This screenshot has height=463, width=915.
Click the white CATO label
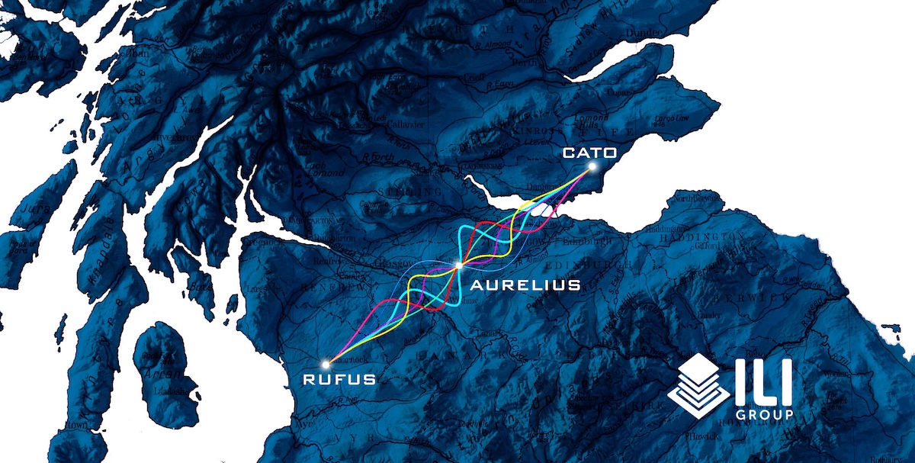pyautogui.click(x=589, y=153)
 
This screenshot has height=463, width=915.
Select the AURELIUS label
pyautogui.click(x=525, y=285)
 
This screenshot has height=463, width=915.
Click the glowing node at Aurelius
pyautogui.click(x=459, y=265)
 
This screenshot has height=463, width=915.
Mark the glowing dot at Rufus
pyautogui.click(x=327, y=364)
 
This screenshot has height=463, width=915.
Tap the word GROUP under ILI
pyautogui.click(x=768, y=414)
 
